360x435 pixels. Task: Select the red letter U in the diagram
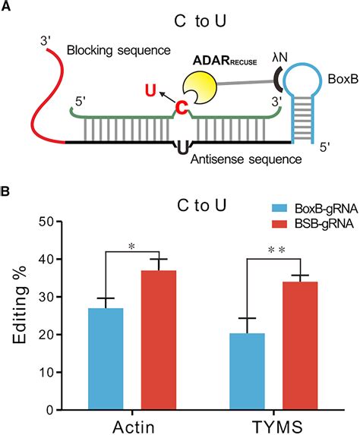click(152, 92)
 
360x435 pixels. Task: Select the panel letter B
click(8, 193)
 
